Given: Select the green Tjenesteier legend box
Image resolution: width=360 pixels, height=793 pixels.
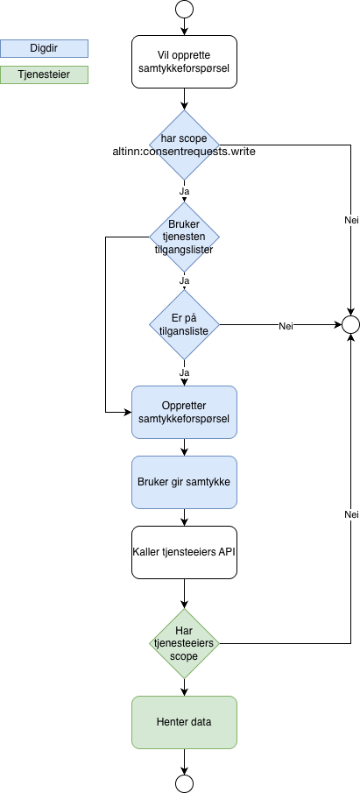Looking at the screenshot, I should coord(44,75).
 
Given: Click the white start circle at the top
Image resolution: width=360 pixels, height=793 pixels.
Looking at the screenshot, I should coord(184,10).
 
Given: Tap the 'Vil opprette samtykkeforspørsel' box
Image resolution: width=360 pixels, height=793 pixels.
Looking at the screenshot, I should coord(184,62).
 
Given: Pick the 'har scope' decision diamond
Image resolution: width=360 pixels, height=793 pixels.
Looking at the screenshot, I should coord(184,145).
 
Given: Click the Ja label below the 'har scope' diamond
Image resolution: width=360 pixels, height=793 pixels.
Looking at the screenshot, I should coord(184,190).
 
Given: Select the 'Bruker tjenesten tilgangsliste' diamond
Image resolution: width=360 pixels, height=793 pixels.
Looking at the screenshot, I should coord(184,237).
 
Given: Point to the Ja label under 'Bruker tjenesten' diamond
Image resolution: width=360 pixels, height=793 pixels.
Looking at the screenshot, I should coord(184,281).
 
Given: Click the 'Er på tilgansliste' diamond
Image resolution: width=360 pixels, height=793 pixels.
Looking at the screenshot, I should coord(184,325).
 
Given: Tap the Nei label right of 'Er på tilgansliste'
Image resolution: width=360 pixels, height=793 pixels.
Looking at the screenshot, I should coord(286,327).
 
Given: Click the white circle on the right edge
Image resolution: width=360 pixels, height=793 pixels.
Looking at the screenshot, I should coord(350,325).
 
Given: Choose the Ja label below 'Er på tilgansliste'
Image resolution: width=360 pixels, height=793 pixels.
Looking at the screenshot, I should coord(184,372).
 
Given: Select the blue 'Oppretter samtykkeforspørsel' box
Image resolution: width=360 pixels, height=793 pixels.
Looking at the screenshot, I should coord(184,413).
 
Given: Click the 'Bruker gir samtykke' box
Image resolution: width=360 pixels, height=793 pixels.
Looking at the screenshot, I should coord(184,482).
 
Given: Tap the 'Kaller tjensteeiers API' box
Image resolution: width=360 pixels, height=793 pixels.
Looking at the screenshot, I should coord(184,552).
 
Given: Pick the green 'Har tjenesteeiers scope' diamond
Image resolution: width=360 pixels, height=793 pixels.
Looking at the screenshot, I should coord(184,644).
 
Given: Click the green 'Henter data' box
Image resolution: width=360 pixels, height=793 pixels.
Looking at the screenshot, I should coord(184,722).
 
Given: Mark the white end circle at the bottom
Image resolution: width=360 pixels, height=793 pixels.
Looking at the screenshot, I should coord(184,782).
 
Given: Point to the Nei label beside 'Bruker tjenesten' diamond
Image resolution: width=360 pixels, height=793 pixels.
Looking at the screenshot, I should coord(351,221).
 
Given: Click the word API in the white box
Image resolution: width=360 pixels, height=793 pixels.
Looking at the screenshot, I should coord(225,552).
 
